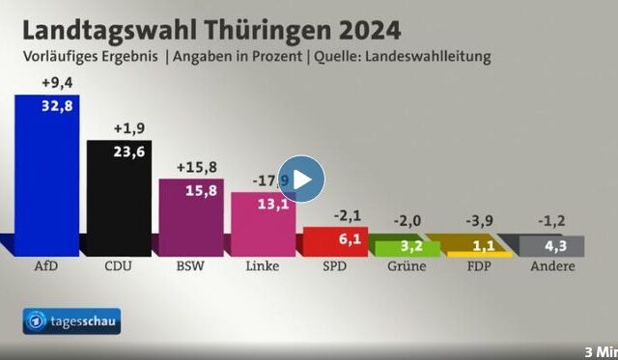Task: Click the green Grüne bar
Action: click(407, 248)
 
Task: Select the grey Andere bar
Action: click(551, 246)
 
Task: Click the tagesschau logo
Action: click(72, 321)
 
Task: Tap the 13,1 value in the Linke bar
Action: click(272, 204)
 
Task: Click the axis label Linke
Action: click(263, 266)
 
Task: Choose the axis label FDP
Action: click(479, 266)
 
